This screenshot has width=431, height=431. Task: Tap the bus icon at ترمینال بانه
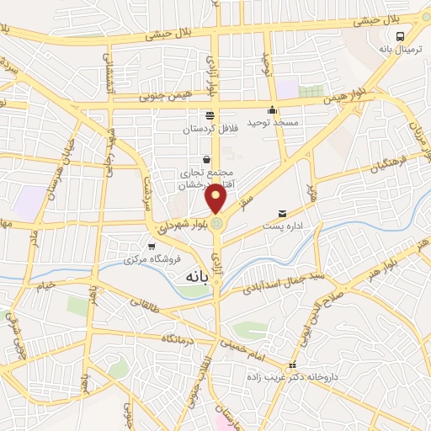[x=400, y=36]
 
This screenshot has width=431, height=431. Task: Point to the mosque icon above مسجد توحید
[x=272, y=110]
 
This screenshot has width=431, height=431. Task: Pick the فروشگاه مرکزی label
[x=151, y=259]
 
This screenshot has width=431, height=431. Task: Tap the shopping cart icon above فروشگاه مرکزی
[x=151, y=247]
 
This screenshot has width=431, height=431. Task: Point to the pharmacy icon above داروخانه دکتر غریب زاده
[x=292, y=365]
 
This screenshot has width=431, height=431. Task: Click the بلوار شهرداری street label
[x=178, y=227]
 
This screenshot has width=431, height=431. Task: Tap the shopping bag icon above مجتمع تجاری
[x=207, y=159]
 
